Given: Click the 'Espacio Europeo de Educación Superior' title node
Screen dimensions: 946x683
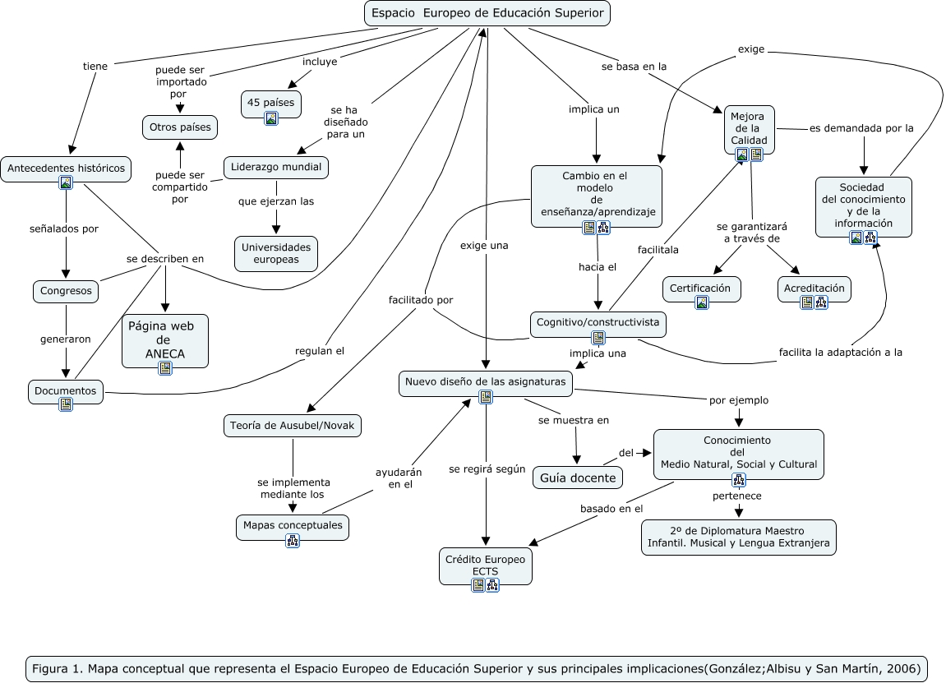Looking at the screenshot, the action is click(x=487, y=13).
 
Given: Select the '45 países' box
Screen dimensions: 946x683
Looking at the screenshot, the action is click(x=271, y=104).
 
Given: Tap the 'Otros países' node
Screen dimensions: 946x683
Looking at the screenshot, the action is click(x=180, y=127).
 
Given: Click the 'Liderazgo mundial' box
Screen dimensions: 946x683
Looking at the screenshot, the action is click(x=275, y=167).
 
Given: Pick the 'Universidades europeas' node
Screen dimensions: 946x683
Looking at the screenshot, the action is click(x=275, y=253).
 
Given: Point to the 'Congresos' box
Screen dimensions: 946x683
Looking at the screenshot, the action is click(x=66, y=291).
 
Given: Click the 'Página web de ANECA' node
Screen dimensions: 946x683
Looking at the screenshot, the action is click(x=164, y=341).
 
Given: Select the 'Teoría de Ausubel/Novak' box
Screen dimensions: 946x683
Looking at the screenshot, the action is click(x=292, y=426).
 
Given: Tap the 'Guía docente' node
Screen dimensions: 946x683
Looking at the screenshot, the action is click(x=577, y=478).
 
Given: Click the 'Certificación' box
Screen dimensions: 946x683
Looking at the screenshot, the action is click(x=701, y=289).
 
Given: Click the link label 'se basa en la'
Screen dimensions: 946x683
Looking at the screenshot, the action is click(x=634, y=67).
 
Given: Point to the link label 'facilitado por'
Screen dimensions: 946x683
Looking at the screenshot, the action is click(x=421, y=300).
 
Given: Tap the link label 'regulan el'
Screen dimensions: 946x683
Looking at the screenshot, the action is click(x=319, y=351).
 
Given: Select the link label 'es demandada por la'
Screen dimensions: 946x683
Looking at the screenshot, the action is click(x=861, y=128).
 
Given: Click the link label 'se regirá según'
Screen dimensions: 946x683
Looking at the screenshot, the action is click(x=487, y=468).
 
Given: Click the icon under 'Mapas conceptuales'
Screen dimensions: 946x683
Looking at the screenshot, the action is click(x=293, y=541).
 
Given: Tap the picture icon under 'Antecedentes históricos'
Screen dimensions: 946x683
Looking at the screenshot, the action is click(x=66, y=182).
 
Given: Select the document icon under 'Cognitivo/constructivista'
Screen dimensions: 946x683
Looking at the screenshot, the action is click(x=598, y=337).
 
